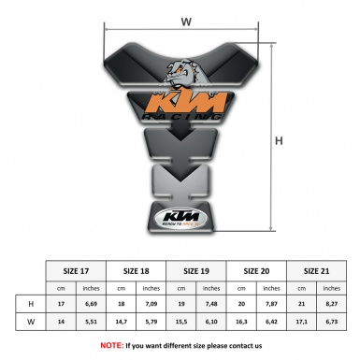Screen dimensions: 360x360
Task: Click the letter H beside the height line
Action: pyautogui.click(x=280, y=142)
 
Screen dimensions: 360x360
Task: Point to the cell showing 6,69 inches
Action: pyautogui.click(x=93, y=305)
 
